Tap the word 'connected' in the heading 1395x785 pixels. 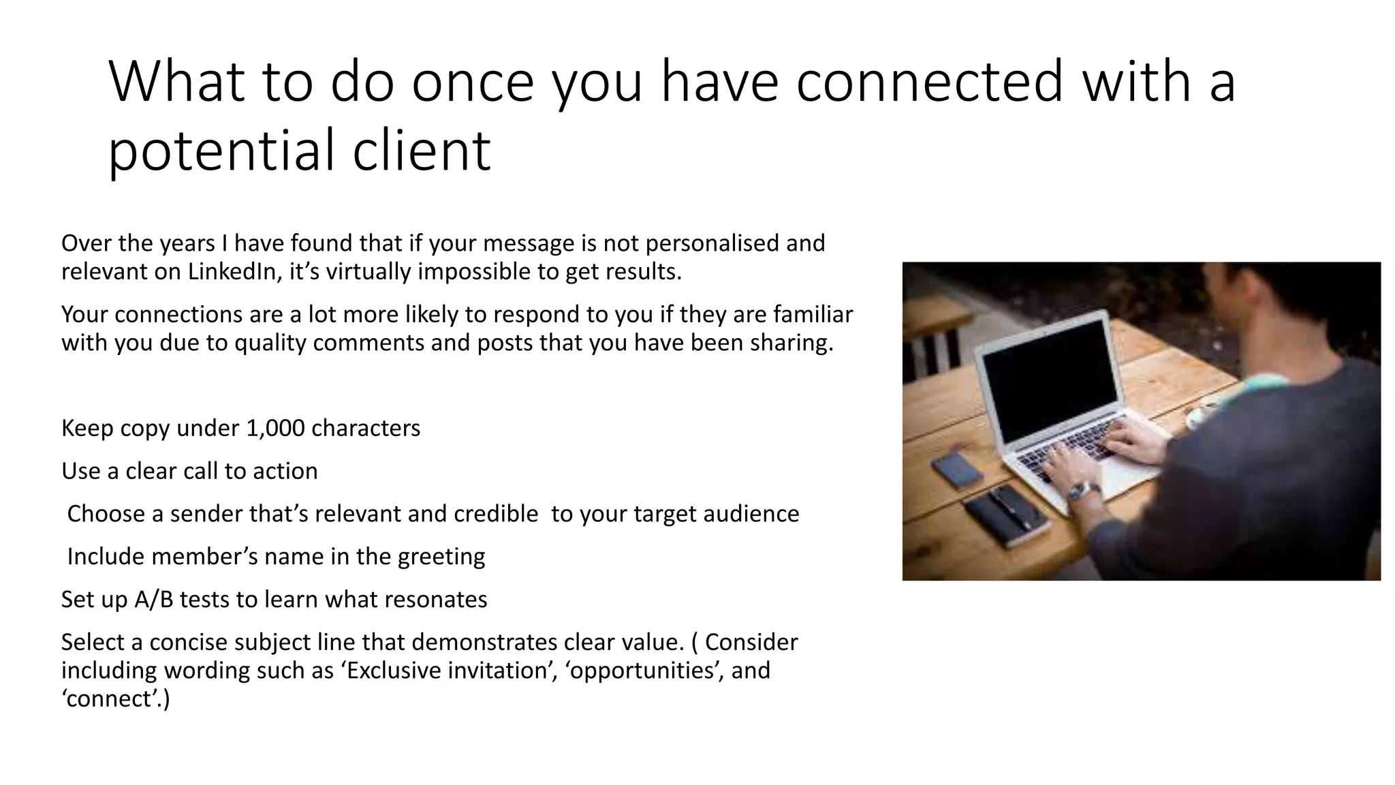click(x=928, y=82)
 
